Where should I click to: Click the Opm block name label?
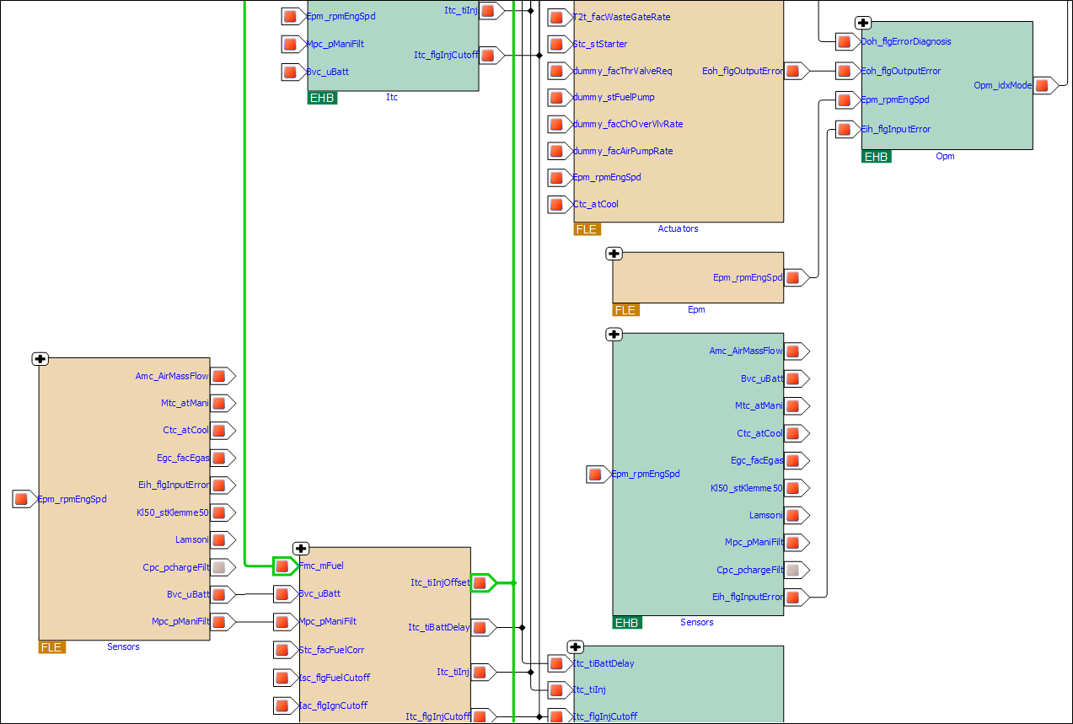point(945,156)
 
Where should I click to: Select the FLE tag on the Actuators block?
point(586,228)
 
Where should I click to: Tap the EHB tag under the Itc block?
point(322,98)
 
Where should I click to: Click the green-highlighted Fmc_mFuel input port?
point(282,566)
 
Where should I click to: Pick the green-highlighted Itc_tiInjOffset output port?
point(480,582)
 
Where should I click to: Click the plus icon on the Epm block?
point(614,254)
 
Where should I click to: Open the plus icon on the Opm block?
point(863,24)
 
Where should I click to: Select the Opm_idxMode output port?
point(1043,85)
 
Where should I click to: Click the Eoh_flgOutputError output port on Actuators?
point(794,71)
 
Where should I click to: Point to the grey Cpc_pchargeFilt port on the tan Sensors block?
point(219,567)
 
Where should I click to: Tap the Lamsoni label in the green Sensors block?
point(765,515)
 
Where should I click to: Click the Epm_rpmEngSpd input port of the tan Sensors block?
point(22,499)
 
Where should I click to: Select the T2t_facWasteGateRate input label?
point(621,16)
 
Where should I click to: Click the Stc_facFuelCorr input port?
point(282,650)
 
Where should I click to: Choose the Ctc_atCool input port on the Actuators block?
point(556,204)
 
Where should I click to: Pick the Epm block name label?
point(695,309)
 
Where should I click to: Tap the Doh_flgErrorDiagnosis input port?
point(844,41)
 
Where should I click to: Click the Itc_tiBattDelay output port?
point(480,627)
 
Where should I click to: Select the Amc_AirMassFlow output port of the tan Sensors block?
point(219,376)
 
